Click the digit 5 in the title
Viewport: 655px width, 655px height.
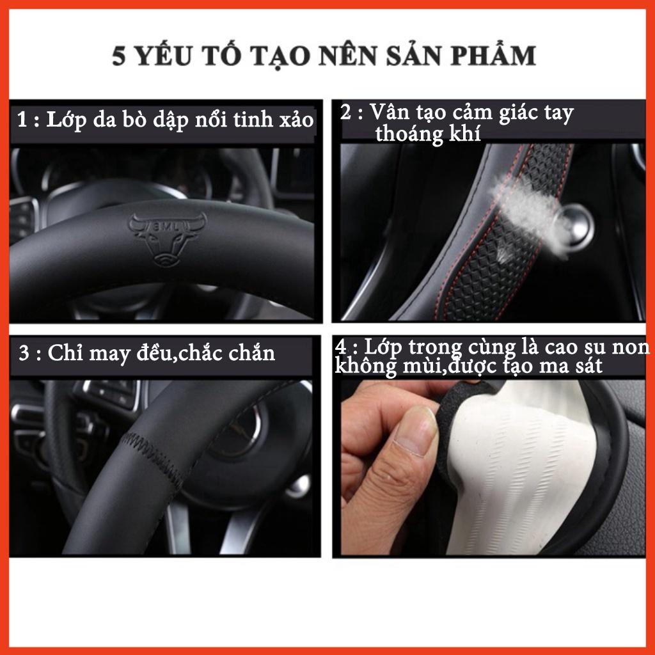pos(118,56)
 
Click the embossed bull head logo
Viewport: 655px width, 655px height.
pos(168,239)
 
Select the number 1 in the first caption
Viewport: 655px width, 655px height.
pos(23,120)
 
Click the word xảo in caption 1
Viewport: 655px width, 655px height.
pos(297,120)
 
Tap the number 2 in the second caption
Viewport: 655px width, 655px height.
pos(345,112)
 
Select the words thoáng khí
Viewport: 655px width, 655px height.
pos(428,134)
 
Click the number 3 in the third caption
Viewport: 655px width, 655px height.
pos(24,353)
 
